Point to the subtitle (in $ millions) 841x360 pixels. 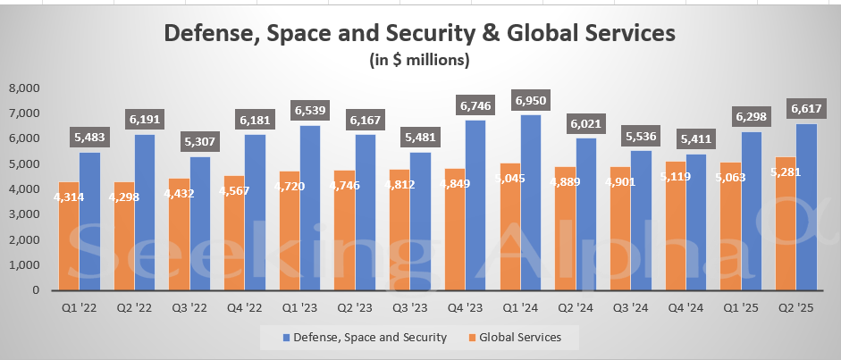419,61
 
